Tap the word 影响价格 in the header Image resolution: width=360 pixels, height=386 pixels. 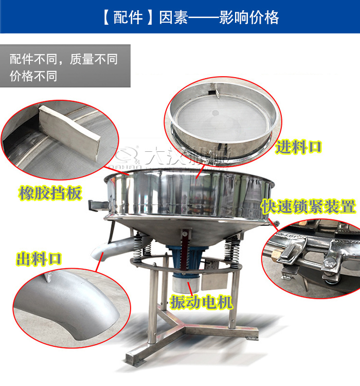coord(249,17)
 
